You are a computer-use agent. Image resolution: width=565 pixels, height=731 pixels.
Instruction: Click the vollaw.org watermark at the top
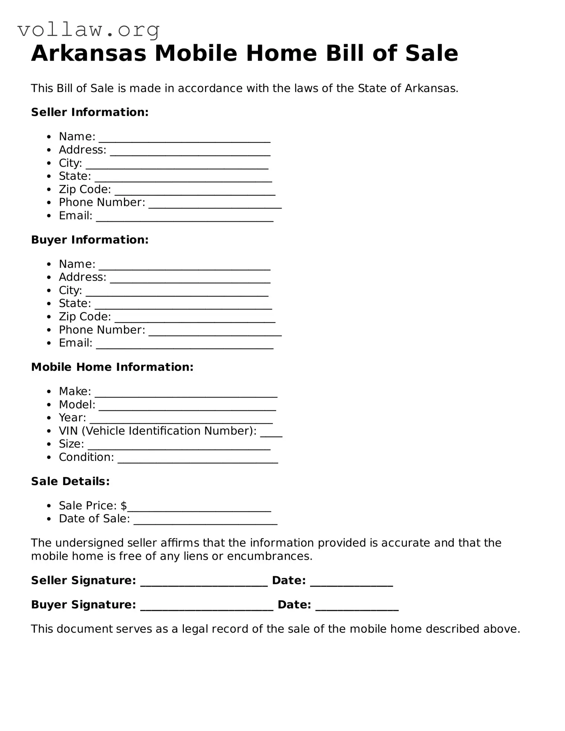[89, 30]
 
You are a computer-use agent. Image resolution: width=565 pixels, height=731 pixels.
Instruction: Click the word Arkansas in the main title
[89, 53]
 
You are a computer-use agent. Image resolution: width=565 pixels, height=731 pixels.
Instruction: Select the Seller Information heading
[90, 112]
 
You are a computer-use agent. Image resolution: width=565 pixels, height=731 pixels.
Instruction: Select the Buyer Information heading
[90, 240]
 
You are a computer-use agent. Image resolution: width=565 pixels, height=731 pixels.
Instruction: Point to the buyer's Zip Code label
[85, 317]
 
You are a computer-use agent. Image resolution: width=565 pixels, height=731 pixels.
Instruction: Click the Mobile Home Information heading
[112, 367]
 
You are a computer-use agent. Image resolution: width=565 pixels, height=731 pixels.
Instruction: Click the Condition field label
[86, 457]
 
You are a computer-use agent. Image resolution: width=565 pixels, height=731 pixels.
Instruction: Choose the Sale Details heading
[70, 481]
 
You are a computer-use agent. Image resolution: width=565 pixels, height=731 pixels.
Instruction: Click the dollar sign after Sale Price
[124, 505]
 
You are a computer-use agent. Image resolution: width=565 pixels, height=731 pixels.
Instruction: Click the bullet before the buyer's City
[49, 290]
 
